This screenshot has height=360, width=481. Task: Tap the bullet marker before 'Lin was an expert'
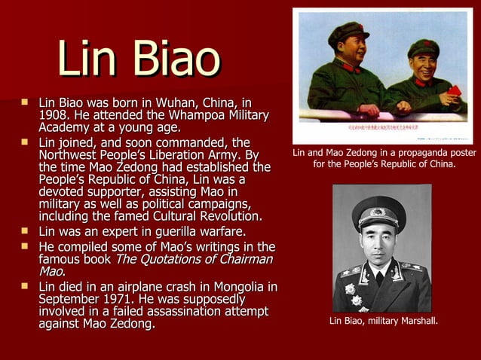point(26,230)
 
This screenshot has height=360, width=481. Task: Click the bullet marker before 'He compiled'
point(26,246)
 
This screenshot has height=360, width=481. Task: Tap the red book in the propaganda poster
point(454,91)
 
